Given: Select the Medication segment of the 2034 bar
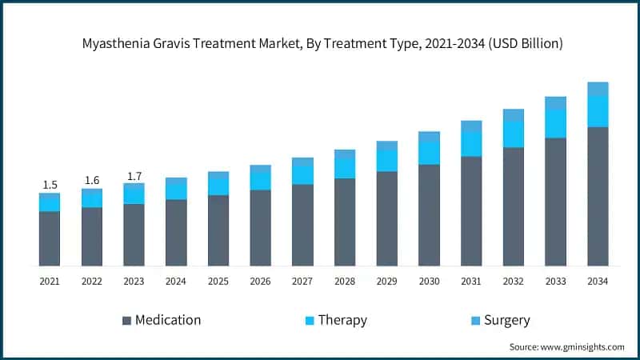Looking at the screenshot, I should pyautogui.click(x=598, y=196).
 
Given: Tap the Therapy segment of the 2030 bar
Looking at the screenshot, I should pyautogui.click(x=429, y=153).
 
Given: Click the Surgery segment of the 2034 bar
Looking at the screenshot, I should pyautogui.click(x=598, y=89).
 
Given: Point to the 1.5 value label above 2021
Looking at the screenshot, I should pyautogui.click(x=50, y=185).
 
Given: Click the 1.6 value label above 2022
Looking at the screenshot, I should pyautogui.click(x=92, y=180).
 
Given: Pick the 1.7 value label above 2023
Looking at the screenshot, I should pyautogui.click(x=134, y=176).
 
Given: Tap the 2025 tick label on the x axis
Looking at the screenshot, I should pyautogui.click(x=218, y=282).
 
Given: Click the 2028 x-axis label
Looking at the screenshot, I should pyautogui.click(x=345, y=282).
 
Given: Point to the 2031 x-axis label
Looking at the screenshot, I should pyautogui.click(x=471, y=282).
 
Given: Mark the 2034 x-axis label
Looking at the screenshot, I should pyautogui.click(x=598, y=282).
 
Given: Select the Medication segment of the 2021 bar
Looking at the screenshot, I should pyautogui.click(x=50, y=238).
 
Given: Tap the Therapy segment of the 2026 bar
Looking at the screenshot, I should pyautogui.click(x=261, y=181).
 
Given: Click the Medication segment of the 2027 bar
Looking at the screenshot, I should pyautogui.click(x=302, y=225).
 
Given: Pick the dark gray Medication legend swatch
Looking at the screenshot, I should pyautogui.click(x=126, y=321).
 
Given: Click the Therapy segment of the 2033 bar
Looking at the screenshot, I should pyautogui.click(x=555, y=123).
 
